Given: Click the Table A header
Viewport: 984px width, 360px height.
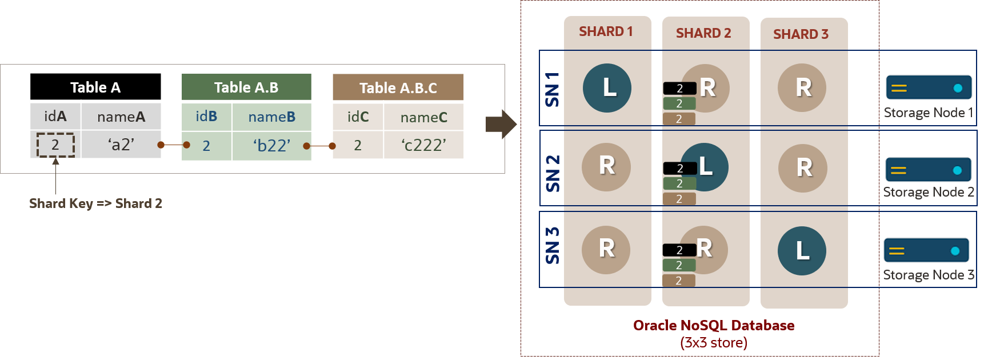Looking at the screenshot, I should coord(95,87).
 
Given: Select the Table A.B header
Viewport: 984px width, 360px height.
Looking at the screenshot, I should coord(246,87).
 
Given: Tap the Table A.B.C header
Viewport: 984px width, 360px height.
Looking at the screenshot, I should coord(398,88).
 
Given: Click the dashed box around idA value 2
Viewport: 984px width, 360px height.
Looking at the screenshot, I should coord(55,145).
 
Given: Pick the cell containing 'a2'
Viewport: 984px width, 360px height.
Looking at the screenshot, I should coord(121,145).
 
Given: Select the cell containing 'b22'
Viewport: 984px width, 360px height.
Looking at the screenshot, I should coord(271,146).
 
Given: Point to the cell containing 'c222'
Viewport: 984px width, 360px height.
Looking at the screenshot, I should coord(423,145).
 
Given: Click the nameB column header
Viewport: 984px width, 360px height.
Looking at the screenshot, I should coord(271,117).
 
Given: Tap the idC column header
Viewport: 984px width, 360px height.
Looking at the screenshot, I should coord(358,117).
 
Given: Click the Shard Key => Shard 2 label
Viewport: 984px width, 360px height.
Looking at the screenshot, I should coord(95,203).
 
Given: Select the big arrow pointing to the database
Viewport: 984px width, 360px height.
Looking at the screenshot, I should coord(501,124).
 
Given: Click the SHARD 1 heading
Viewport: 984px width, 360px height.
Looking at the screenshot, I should coord(606,31).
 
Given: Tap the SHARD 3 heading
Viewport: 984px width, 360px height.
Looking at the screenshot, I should coord(801,34).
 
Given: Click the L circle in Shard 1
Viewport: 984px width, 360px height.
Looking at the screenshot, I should coord(607,88).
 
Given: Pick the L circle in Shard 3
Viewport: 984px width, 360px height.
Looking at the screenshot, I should coord(802,251).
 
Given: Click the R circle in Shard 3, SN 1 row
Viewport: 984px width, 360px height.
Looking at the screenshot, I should coord(802,88).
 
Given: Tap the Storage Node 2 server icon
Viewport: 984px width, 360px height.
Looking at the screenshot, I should coord(928,170).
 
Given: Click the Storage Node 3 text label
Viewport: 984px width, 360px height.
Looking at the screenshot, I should coord(928,275).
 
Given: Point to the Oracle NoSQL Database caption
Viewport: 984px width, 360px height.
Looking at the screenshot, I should coord(714,325).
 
